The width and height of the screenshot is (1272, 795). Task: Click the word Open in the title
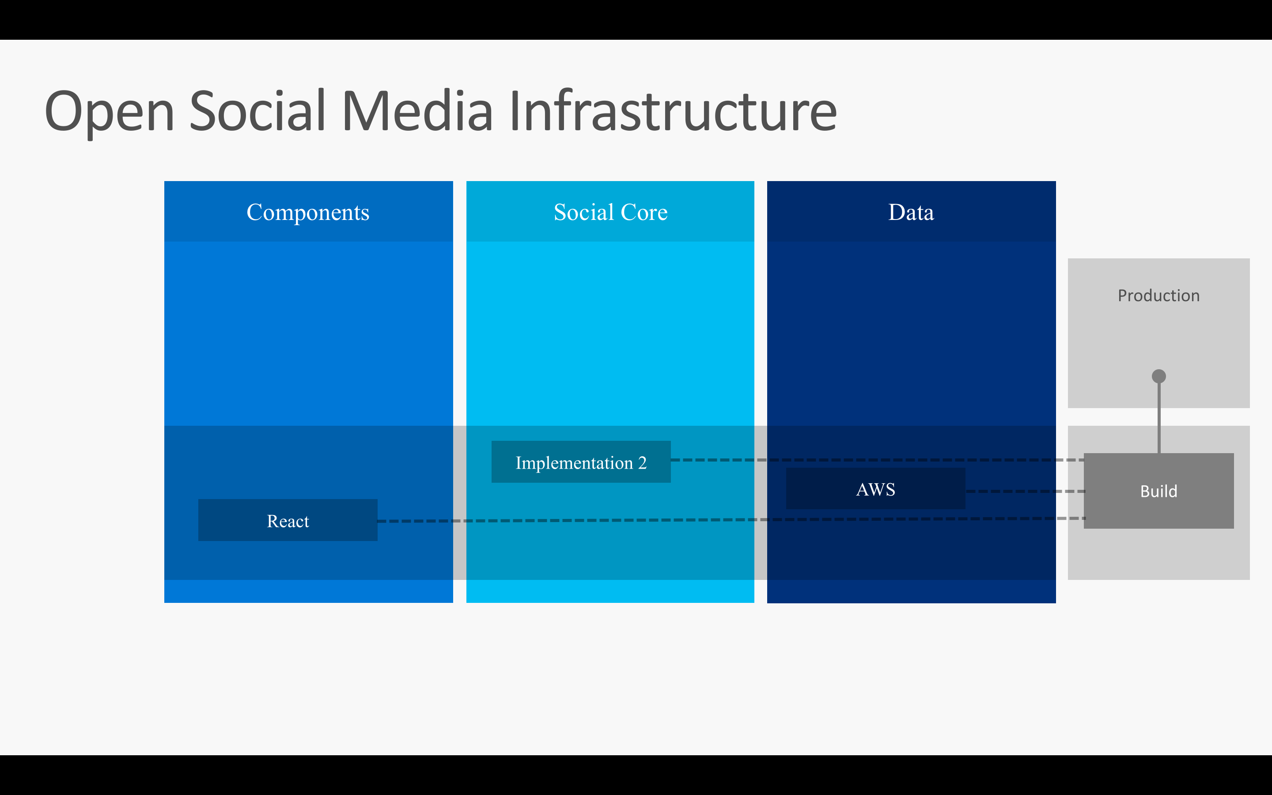point(110,111)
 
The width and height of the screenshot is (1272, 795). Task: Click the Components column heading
point(308,212)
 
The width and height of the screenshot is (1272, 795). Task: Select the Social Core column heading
point(610,212)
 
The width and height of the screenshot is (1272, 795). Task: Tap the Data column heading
point(911,212)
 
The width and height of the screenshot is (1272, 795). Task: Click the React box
point(288,521)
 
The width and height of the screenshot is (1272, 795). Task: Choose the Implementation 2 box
point(580,462)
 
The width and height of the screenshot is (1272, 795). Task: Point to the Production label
point(1158,295)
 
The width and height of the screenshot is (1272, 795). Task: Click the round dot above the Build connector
point(1158,376)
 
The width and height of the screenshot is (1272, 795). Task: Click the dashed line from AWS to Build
point(1025,491)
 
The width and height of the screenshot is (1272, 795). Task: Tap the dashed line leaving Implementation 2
point(867,460)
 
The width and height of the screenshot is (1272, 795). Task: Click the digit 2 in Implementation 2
point(642,463)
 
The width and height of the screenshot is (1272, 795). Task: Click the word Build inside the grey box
point(1158,491)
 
